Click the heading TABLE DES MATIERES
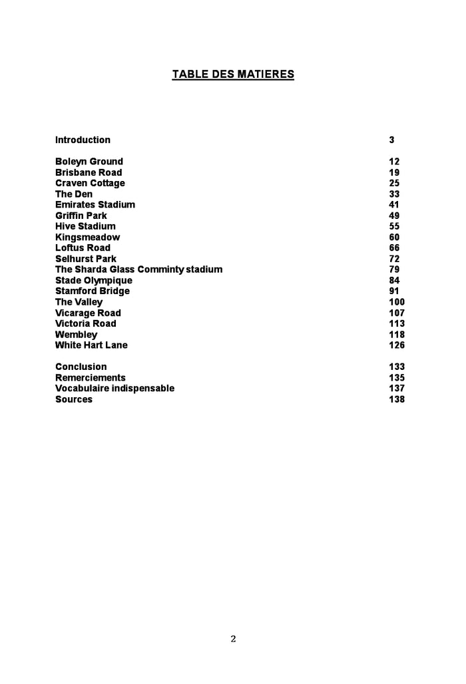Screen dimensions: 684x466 click(233, 75)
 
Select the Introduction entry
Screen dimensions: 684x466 click(83, 140)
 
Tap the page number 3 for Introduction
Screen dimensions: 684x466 click(392, 140)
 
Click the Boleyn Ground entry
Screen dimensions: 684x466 click(89, 162)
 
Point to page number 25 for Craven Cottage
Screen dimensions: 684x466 click(394, 183)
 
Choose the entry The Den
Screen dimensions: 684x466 click(74, 194)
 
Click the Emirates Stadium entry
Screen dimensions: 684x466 click(95, 205)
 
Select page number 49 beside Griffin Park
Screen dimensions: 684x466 click(394, 216)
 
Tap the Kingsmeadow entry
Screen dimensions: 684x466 click(88, 238)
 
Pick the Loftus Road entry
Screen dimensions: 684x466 click(83, 248)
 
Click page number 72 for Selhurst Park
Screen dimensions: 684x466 click(394, 259)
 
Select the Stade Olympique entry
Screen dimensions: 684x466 click(94, 281)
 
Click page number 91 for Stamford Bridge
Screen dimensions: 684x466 click(394, 291)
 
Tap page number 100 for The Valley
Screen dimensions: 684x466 click(397, 302)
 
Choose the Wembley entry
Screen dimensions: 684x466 click(76, 335)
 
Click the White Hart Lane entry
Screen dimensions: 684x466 click(91, 345)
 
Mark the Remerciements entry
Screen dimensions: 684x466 click(91, 378)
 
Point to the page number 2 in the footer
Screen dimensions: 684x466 click(233, 639)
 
